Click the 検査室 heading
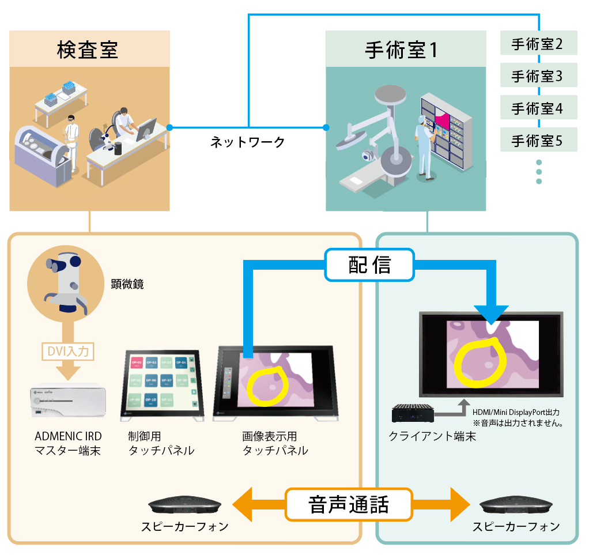pyautogui.click(x=88, y=50)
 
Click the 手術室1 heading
pyautogui.click(x=401, y=50)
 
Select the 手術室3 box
pyautogui.click(x=537, y=76)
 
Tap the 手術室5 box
pyautogui.click(x=537, y=140)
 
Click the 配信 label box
pyautogui.click(x=369, y=265)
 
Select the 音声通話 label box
pyautogui.click(x=349, y=504)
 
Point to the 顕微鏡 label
pyautogui.click(x=127, y=284)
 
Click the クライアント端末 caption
pyautogui.click(x=432, y=436)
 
